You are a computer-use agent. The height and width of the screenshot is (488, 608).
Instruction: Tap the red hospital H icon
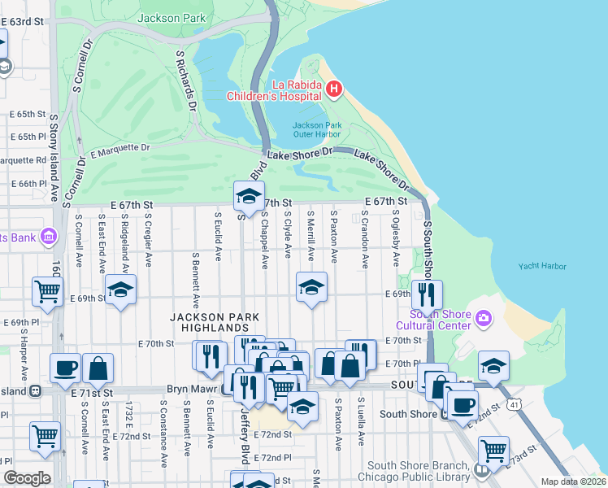point(332,88)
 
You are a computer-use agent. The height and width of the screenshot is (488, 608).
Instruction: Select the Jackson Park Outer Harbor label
point(317,129)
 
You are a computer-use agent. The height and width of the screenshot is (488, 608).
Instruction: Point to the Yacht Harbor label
point(542,266)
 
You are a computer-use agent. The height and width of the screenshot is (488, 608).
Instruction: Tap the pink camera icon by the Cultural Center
point(484,316)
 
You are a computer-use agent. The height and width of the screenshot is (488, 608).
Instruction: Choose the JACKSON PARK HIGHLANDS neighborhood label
point(215,321)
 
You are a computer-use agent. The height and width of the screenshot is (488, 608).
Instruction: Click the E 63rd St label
point(21,20)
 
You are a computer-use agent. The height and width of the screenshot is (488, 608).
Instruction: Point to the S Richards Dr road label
point(187,80)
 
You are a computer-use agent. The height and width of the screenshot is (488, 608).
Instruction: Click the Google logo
point(27,478)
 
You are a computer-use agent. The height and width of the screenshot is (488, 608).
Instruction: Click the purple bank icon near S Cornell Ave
point(48,237)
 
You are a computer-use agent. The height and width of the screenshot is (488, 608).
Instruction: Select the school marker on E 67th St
point(249,195)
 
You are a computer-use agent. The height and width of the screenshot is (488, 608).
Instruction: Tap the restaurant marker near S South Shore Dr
point(426,294)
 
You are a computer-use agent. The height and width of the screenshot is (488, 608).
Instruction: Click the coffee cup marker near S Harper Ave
point(65,368)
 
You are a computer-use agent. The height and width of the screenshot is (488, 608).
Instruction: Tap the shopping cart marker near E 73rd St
point(493,449)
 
